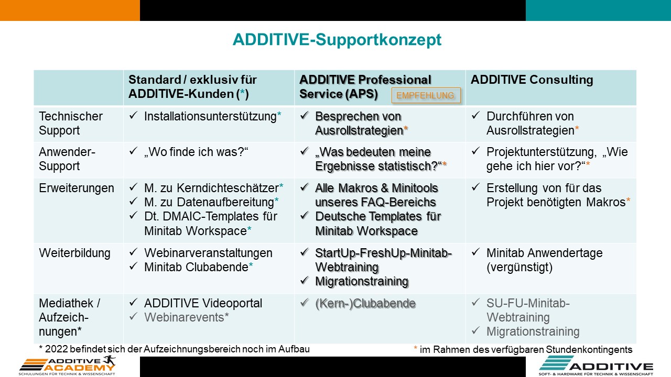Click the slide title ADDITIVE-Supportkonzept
click(x=337, y=40)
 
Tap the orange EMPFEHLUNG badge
click(x=426, y=95)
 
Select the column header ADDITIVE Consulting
click(x=532, y=80)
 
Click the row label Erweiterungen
click(x=77, y=188)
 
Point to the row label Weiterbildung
click(x=74, y=253)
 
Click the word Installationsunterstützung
click(x=210, y=116)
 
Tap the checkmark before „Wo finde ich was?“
click(x=133, y=150)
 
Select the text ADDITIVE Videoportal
click(x=203, y=303)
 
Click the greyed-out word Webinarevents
click(x=184, y=317)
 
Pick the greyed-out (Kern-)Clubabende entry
click(x=365, y=303)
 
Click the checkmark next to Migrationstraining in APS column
click(x=305, y=280)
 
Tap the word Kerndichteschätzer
click(x=228, y=188)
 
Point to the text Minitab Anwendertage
click(x=544, y=253)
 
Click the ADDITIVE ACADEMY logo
click(x=67, y=365)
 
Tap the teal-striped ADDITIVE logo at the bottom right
click(x=596, y=365)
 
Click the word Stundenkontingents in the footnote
click(x=589, y=349)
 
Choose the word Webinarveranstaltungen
click(x=208, y=253)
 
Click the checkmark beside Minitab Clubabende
click(x=133, y=265)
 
